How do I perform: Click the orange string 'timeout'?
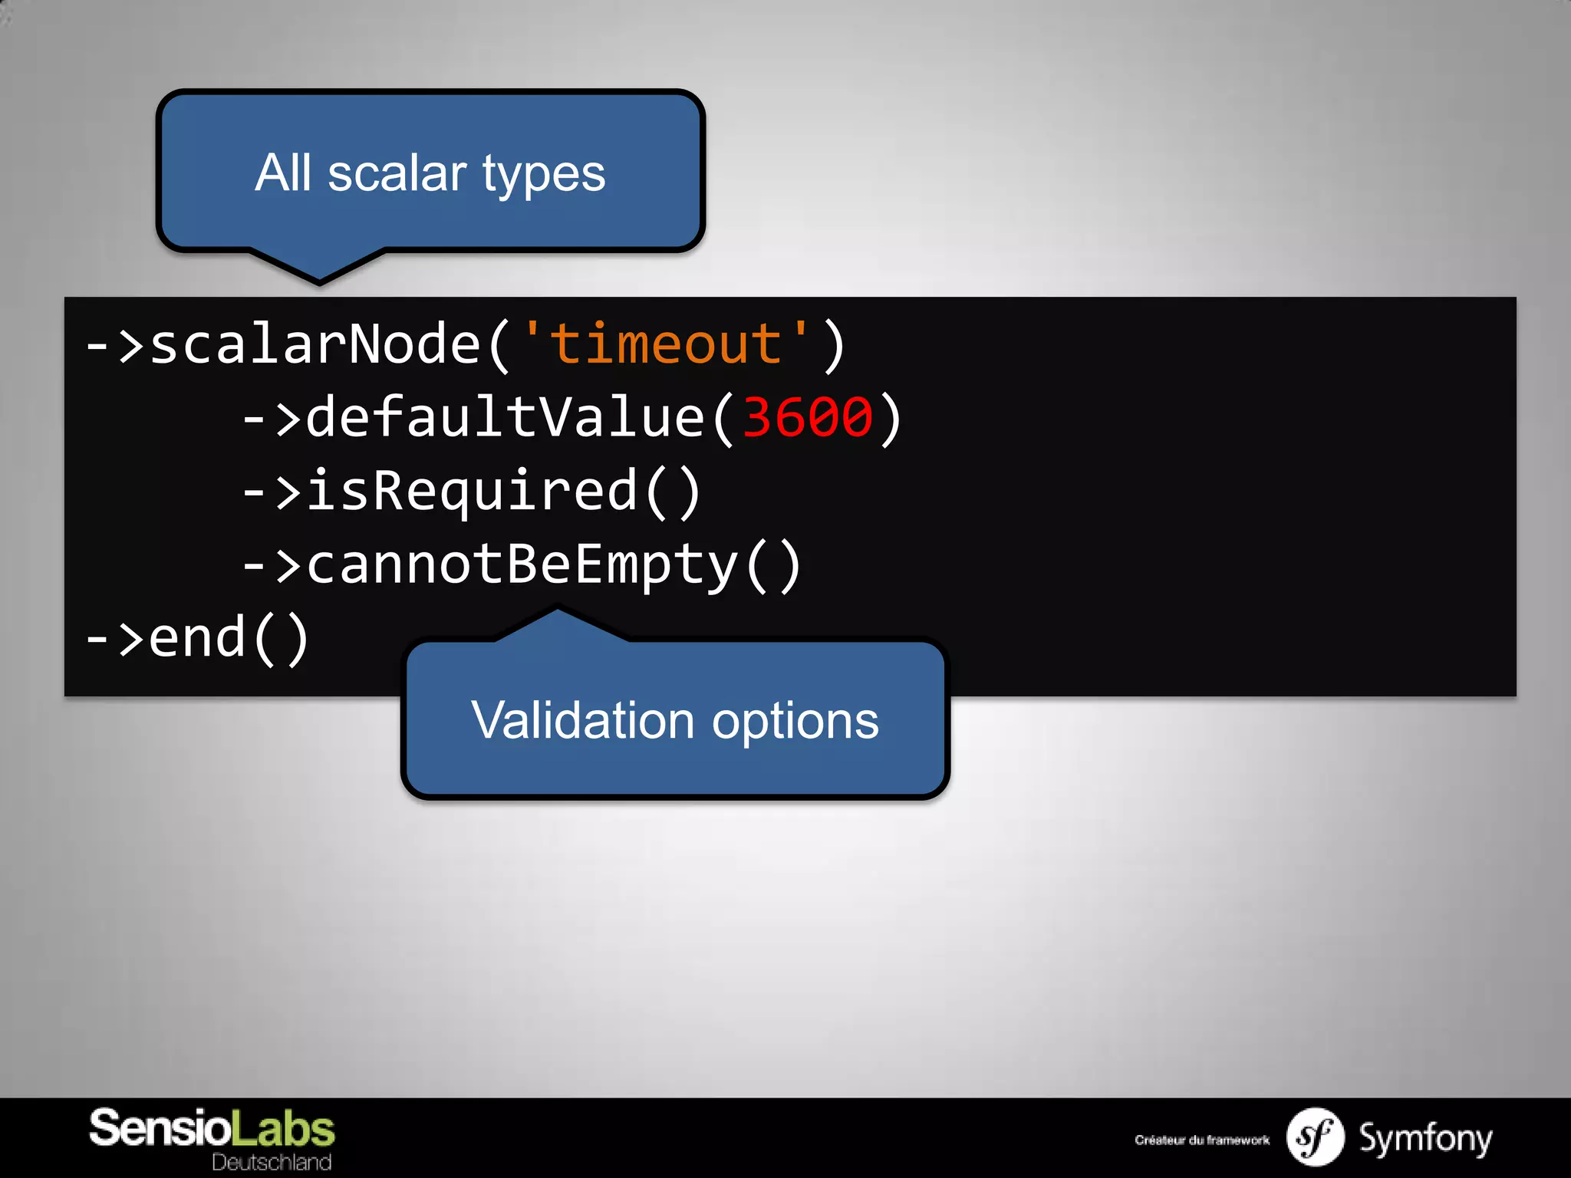(x=664, y=344)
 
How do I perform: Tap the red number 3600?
(x=808, y=418)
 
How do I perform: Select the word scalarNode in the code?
(x=315, y=344)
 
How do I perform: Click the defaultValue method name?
(x=505, y=418)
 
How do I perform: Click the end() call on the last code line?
(x=228, y=638)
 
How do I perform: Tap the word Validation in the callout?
(x=583, y=721)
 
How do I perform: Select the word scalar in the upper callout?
(x=397, y=173)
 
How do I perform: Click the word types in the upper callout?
(x=544, y=175)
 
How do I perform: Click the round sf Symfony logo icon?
(x=1315, y=1137)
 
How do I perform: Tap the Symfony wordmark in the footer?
(x=1425, y=1138)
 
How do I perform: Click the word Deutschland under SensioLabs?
(x=272, y=1162)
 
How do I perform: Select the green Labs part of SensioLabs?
(x=283, y=1129)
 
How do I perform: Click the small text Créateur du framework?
(x=1202, y=1140)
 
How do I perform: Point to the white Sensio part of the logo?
(x=160, y=1129)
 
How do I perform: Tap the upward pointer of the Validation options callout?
(x=558, y=624)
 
